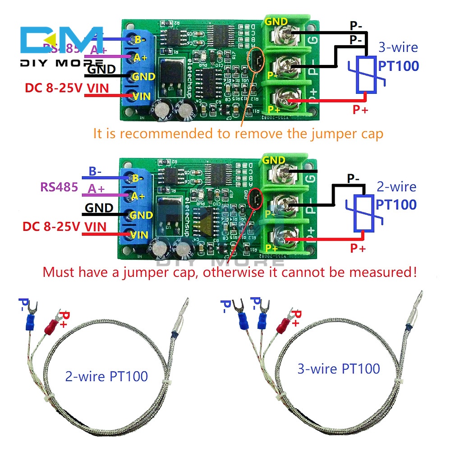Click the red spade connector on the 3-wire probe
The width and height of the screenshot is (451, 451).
285,324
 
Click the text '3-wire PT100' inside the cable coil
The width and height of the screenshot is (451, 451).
338,368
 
